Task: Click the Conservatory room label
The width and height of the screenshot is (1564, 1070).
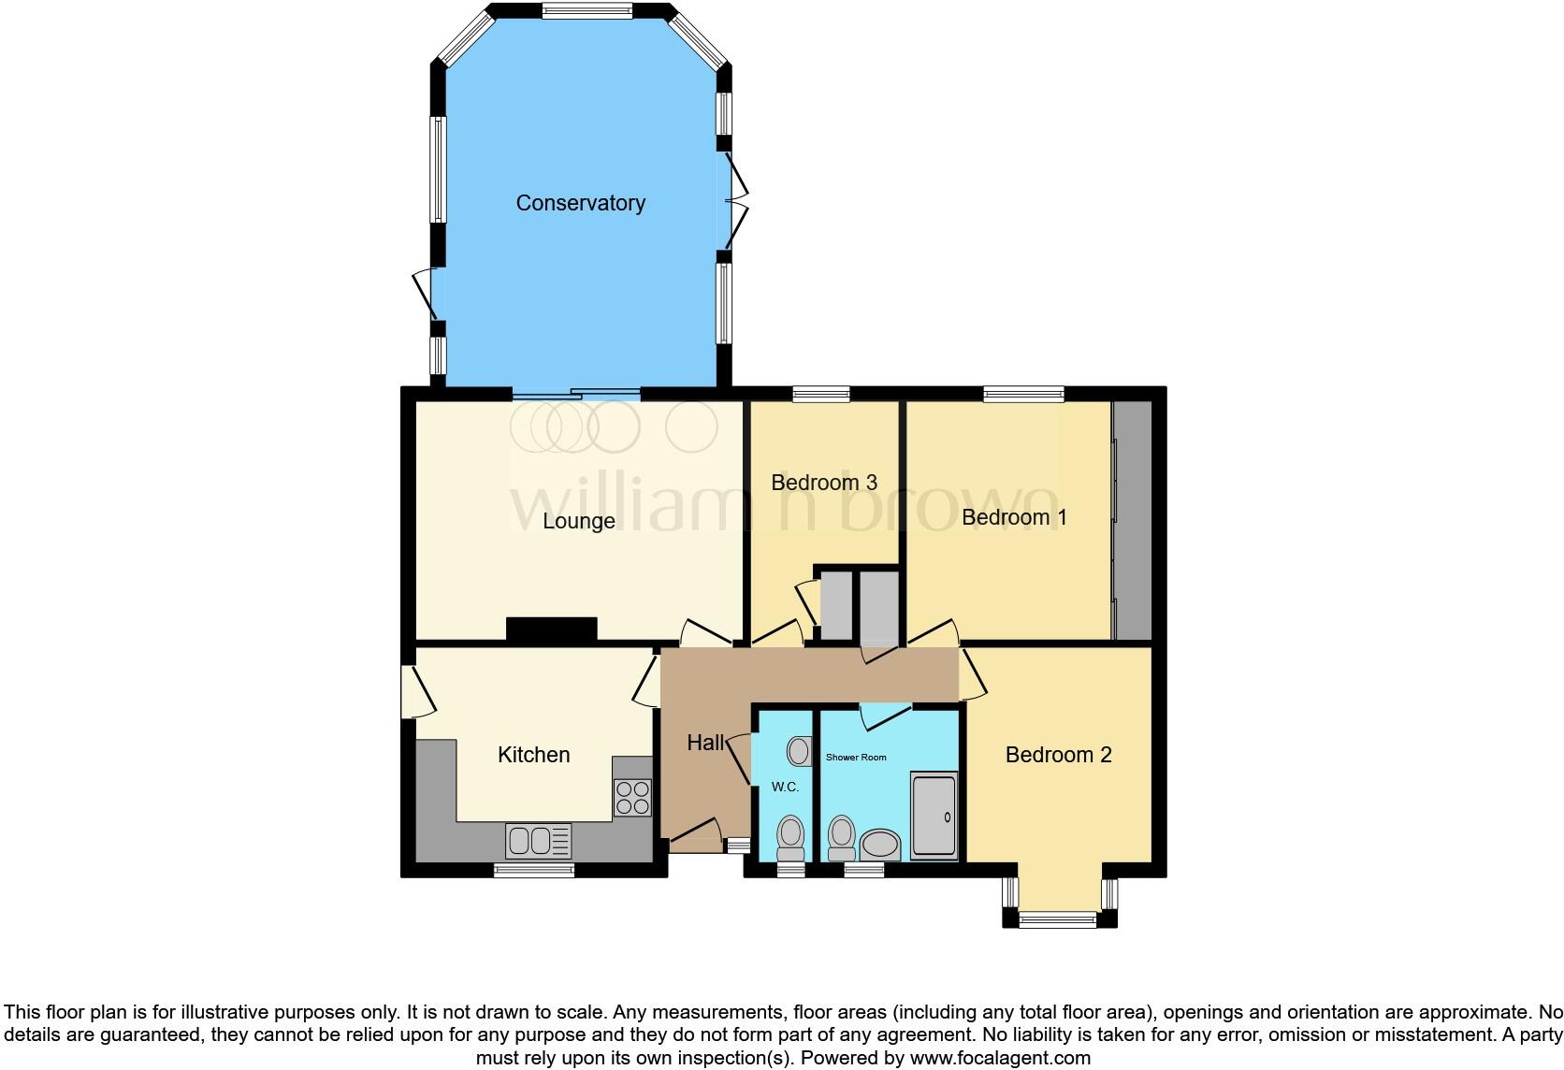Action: [x=580, y=203]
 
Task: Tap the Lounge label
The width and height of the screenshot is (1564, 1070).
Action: [x=579, y=521]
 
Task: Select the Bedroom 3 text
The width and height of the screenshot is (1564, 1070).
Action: [x=823, y=483]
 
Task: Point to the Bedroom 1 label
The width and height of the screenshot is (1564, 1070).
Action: [x=1014, y=517]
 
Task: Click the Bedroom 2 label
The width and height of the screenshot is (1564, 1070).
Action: [x=1058, y=755]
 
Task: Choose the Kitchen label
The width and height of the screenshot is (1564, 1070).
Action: [x=533, y=755]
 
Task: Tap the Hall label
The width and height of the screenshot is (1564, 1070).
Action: [x=705, y=743]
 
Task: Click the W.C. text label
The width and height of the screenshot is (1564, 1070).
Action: [x=785, y=787]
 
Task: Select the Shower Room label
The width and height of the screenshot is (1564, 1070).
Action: [x=855, y=757]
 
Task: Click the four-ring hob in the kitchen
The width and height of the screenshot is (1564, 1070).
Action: [x=632, y=798]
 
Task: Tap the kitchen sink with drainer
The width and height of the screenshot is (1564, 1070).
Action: [x=538, y=840]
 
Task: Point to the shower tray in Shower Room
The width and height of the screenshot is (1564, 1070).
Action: [x=934, y=815]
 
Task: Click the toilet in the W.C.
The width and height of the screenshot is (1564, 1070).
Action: [x=791, y=836]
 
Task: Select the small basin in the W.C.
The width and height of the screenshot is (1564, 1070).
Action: [x=800, y=750]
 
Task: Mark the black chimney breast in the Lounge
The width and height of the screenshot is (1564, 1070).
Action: [x=551, y=629]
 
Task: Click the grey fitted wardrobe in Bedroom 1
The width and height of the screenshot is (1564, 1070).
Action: [x=1134, y=520]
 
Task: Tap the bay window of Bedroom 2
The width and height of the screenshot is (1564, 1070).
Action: [x=1059, y=918]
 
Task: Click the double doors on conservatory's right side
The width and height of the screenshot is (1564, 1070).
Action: [x=735, y=203]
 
